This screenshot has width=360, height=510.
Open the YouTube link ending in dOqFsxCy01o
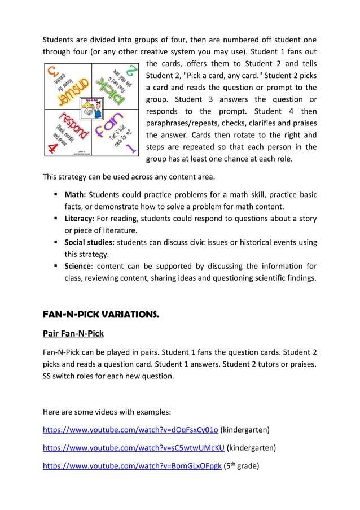coord(130,430)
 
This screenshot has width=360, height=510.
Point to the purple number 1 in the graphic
coord(131,149)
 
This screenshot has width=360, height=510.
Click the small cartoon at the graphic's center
coord(90,109)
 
